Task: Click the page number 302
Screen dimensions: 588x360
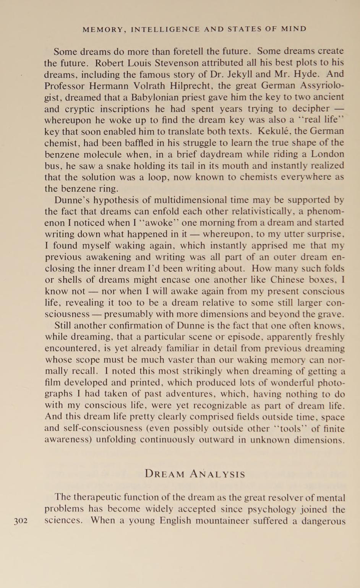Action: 21,521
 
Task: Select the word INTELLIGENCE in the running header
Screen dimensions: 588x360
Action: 165,29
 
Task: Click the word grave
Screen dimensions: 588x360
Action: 333,314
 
